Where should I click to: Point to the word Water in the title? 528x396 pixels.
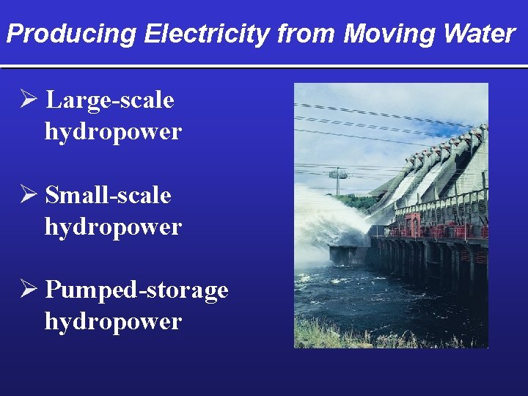(x=480, y=34)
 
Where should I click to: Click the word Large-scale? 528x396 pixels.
(x=109, y=100)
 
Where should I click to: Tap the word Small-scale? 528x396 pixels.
(x=108, y=196)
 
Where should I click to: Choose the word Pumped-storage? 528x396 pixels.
(x=136, y=290)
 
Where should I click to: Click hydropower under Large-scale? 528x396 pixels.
(x=113, y=132)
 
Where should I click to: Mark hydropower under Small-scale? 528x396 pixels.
(x=113, y=227)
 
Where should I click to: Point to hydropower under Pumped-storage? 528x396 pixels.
(x=113, y=322)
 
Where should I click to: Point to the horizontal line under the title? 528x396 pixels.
(x=264, y=67)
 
